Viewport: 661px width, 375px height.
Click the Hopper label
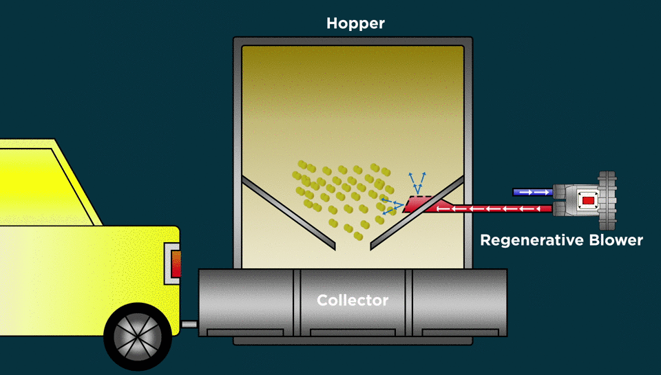355,24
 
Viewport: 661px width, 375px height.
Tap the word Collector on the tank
353,301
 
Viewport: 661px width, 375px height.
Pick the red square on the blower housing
587,200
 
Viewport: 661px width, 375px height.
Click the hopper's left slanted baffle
288,212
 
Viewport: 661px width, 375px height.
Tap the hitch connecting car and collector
189,323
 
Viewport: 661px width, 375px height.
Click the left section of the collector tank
248,301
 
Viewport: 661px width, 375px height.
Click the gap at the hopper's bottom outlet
353,246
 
